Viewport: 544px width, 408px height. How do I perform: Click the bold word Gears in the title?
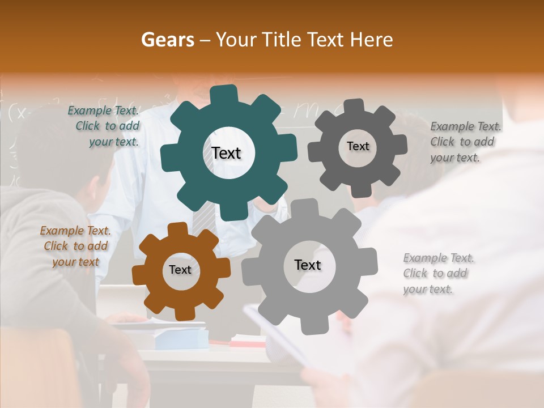[x=167, y=40]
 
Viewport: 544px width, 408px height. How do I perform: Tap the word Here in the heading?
[x=372, y=40]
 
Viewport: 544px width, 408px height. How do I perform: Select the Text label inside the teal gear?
[x=226, y=153]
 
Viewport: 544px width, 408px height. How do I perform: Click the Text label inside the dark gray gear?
[x=358, y=146]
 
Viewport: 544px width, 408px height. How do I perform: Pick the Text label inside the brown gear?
[x=180, y=270]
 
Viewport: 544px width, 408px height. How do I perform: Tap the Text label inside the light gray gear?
[x=307, y=265]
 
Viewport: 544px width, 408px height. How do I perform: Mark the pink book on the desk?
[x=248, y=342]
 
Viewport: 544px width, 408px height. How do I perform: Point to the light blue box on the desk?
[x=181, y=339]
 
